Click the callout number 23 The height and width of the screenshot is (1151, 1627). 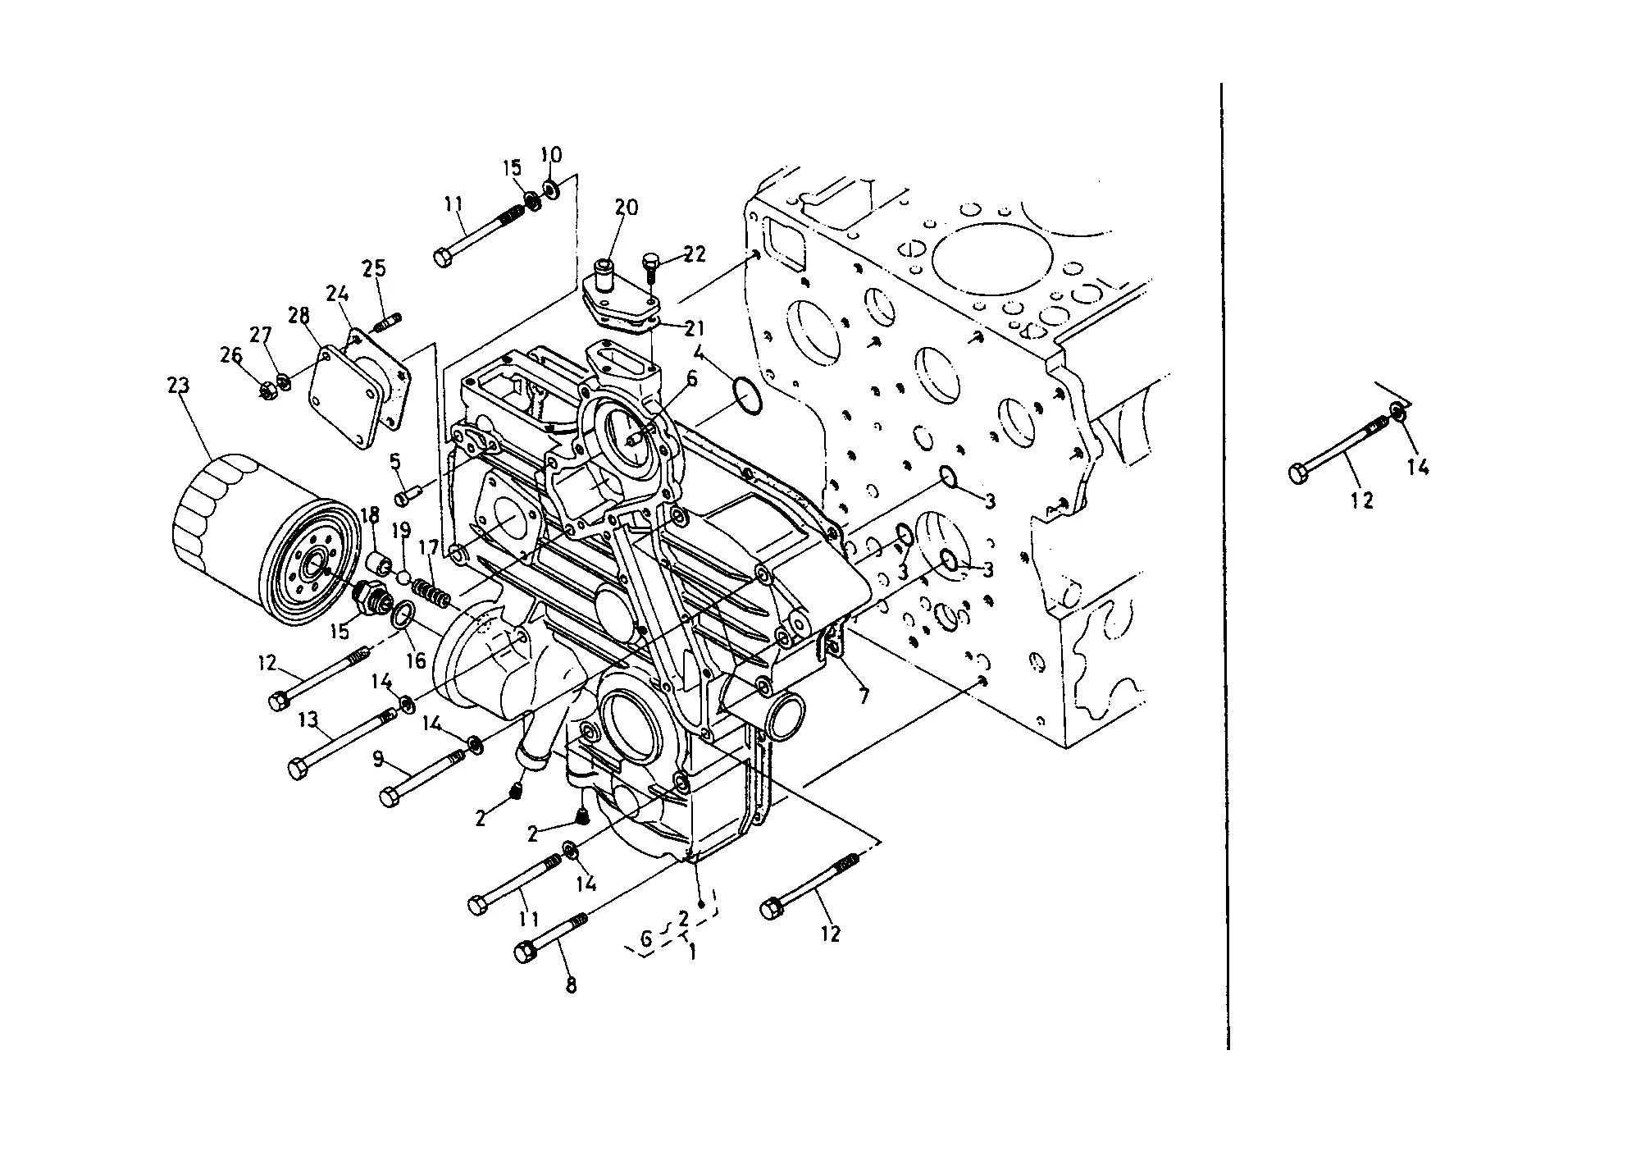point(178,385)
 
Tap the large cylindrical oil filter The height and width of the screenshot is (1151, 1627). point(267,541)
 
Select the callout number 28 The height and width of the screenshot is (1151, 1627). point(299,315)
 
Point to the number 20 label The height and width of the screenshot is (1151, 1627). point(627,207)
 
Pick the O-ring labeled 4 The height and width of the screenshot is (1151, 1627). point(747,398)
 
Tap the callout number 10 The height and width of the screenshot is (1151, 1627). point(551,155)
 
